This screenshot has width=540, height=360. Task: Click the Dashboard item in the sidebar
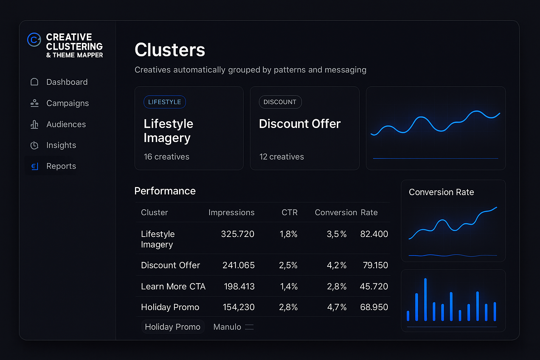click(x=67, y=82)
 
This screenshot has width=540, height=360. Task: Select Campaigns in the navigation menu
click(x=67, y=103)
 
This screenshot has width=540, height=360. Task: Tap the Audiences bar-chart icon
click(x=34, y=124)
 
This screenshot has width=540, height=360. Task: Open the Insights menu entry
click(x=61, y=145)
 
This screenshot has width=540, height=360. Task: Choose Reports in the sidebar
click(x=61, y=166)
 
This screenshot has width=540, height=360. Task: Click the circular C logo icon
click(x=34, y=40)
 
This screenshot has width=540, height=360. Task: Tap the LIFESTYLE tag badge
click(x=165, y=102)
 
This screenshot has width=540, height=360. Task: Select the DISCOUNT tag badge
click(x=280, y=102)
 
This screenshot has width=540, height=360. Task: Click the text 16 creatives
click(x=166, y=157)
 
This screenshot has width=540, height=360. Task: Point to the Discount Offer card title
click(x=300, y=124)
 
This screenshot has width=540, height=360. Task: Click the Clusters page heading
click(x=170, y=50)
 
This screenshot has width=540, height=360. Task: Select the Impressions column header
click(x=231, y=212)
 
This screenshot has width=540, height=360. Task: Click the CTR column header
click(x=289, y=212)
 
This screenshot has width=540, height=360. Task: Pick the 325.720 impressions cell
click(x=237, y=234)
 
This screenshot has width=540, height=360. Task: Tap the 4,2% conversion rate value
click(x=336, y=265)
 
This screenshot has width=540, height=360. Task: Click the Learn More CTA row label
click(x=173, y=287)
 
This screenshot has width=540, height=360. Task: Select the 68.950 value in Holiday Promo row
click(x=374, y=307)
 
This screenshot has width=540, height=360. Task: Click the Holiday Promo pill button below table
click(x=173, y=327)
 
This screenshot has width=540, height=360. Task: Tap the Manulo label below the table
click(x=227, y=327)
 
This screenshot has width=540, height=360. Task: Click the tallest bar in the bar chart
click(x=425, y=299)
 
